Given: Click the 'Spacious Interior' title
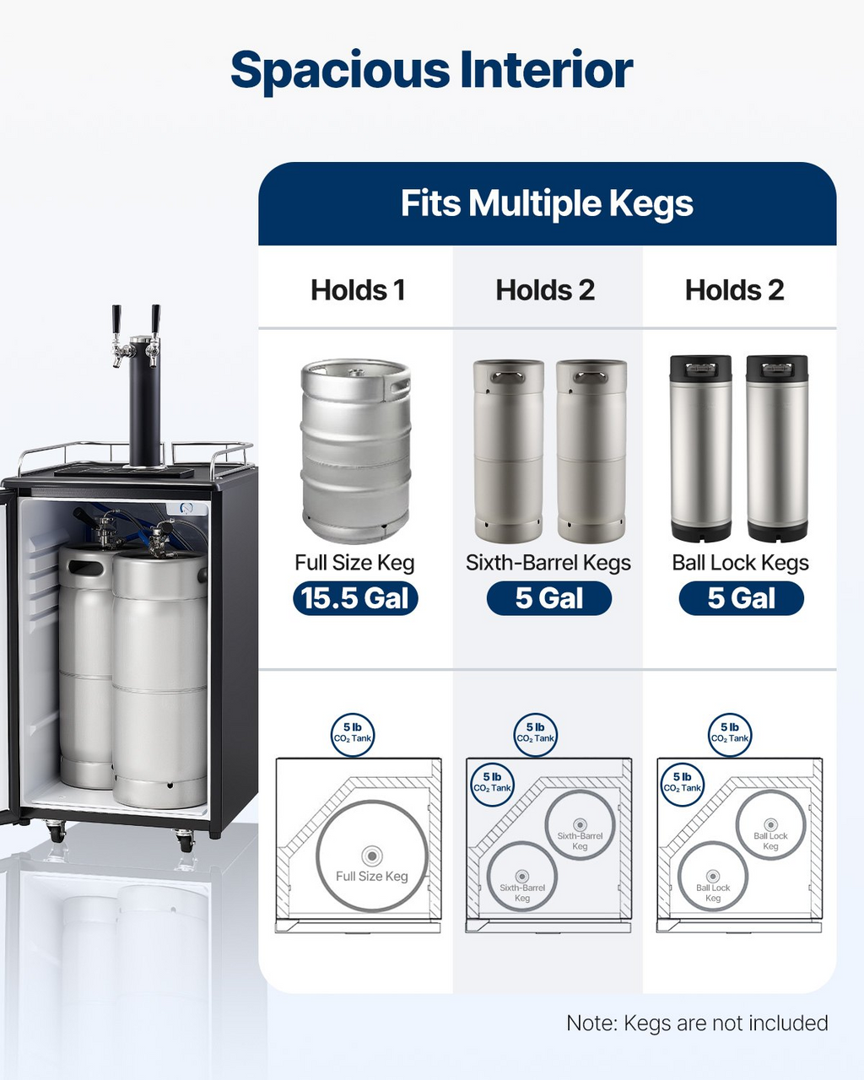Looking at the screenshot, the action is click(x=432, y=71).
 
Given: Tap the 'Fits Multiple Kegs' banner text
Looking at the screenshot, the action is click(x=547, y=204).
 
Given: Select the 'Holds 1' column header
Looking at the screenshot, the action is click(x=358, y=290).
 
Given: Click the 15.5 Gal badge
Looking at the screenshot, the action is click(x=355, y=598).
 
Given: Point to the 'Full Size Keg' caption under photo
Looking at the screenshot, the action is click(x=354, y=563).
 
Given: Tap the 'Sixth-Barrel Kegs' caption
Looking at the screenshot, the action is click(x=548, y=563).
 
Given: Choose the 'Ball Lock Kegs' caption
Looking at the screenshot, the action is click(x=741, y=563).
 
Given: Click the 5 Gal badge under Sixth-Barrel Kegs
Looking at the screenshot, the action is click(x=549, y=598).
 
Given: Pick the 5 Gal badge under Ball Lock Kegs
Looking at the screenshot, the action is click(x=742, y=598).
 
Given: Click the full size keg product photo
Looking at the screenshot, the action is click(x=356, y=451).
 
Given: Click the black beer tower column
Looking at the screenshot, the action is click(x=145, y=402).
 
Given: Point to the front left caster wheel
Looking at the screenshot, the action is click(x=57, y=830).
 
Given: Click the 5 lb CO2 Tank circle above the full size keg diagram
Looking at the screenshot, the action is click(x=353, y=735).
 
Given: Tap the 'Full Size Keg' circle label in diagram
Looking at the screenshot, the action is click(x=372, y=877).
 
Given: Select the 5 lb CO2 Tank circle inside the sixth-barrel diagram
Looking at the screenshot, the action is click(x=492, y=785).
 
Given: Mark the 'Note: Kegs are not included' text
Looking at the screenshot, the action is click(x=697, y=1023).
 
